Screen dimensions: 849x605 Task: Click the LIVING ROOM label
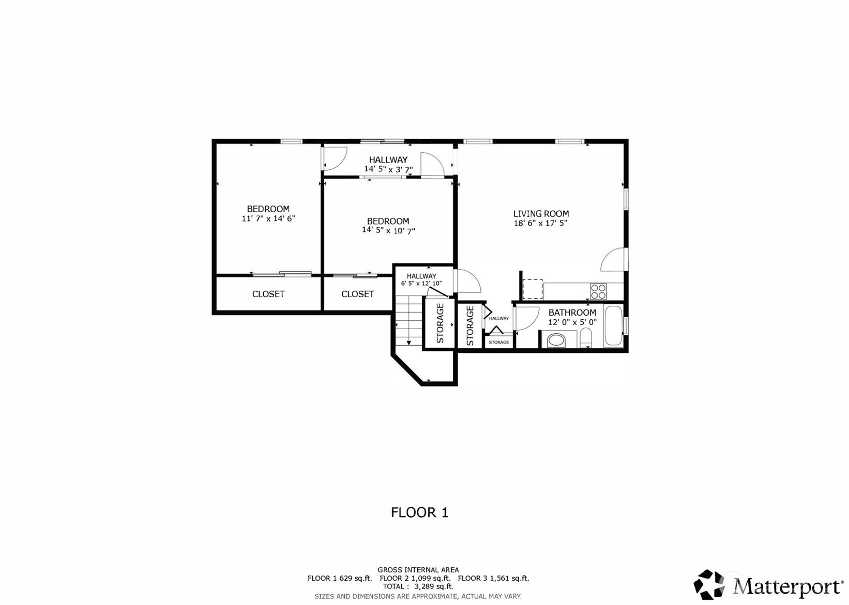(x=541, y=214)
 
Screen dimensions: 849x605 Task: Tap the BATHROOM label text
(x=572, y=313)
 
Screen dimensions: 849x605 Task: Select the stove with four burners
(x=598, y=292)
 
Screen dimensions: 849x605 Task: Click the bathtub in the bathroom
(x=613, y=326)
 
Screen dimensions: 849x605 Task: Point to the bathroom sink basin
(x=556, y=341)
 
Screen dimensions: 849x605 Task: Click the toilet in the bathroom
(x=586, y=338)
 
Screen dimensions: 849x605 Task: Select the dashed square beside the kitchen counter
(x=533, y=289)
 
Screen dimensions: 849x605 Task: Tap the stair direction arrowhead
(x=408, y=343)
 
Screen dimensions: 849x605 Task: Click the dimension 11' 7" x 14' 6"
(x=268, y=218)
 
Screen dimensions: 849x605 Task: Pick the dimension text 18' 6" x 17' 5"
(x=540, y=223)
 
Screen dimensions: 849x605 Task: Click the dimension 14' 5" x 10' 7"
(x=388, y=230)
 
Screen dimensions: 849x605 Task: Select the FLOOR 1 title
(x=419, y=513)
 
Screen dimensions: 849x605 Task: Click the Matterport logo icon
(x=709, y=584)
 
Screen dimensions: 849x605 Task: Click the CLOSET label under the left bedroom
(x=268, y=294)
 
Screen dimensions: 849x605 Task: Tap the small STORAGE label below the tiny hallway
(x=499, y=342)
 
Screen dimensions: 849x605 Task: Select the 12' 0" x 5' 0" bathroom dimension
(x=572, y=322)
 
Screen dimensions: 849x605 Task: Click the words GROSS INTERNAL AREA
(x=418, y=570)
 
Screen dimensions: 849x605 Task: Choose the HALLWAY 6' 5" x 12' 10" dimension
(x=421, y=283)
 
